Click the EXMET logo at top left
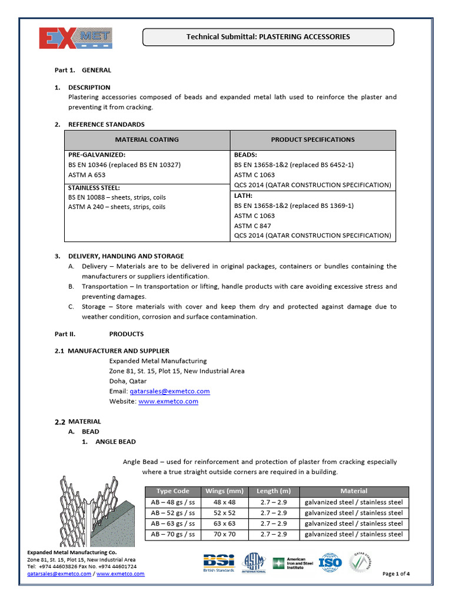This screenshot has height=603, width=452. pyautogui.click(x=75, y=38)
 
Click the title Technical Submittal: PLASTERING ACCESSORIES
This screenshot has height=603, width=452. pyautogui.click(x=268, y=37)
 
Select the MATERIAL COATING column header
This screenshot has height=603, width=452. pyautogui.click(x=147, y=140)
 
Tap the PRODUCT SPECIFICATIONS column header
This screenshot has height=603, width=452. pyautogui.click(x=313, y=140)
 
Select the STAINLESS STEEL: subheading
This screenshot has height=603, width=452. pyautogui.click(x=96, y=188)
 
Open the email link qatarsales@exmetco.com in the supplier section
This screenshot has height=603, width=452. pyautogui.click(x=169, y=391)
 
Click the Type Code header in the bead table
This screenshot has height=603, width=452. pyautogui.click(x=172, y=491)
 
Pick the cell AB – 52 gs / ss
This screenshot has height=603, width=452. pyautogui.click(x=172, y=513)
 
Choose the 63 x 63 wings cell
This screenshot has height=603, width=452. pyautogui.click(x=224, y=524)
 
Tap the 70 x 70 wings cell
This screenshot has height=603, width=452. pyautogui.click(x=224, y=534)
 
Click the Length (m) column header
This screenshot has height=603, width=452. pyautogui.click(x=274, y=491)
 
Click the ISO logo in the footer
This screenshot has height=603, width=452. pyautogui.click(x=330, y=563)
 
